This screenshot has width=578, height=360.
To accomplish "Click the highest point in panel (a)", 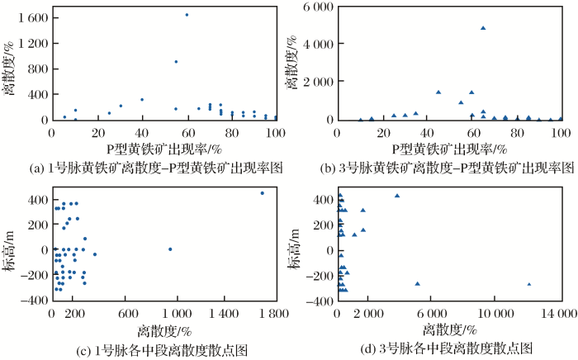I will click(x=187, y=14).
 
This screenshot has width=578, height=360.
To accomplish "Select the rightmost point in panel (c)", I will click(x=262, y=193).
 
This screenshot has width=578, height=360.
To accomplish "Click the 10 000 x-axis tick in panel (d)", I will click(x=490, y=314).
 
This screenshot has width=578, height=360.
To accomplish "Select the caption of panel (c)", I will click(x=162, y=349).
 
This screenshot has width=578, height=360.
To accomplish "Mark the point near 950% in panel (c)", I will click(x=170, y=249).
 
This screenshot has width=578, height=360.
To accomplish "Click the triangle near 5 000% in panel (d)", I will click(x=418, y=284).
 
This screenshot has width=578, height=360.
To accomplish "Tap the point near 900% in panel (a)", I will click(x=176, y=61).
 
